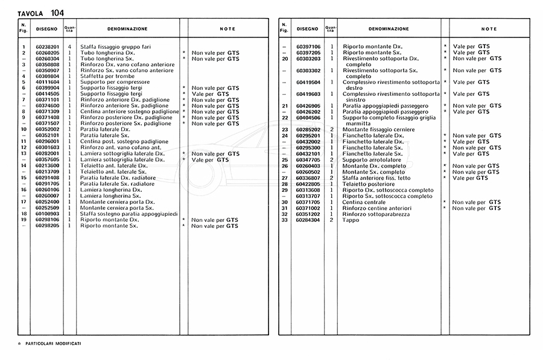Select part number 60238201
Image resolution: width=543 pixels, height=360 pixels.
click(46, 46)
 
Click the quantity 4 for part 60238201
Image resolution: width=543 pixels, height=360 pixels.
click(70, 46)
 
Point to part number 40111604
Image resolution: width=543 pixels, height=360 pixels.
click(46, 82)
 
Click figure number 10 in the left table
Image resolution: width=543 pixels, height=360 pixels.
click(24, 130)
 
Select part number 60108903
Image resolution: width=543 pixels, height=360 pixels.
click(46, 213)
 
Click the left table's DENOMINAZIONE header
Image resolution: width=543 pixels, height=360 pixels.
click(127, 28)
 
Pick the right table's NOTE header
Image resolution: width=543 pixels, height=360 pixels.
click(489, 28)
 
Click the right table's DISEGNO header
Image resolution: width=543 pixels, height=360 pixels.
click(307, 28)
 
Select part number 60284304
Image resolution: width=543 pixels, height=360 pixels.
click(308, 219)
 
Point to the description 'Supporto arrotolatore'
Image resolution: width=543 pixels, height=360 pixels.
click(370, 159)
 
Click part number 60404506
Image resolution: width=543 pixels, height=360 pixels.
click(308, 118)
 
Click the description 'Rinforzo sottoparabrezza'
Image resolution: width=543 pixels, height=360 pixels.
click(375, 213)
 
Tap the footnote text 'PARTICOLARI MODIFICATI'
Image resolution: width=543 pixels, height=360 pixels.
click(54, 343)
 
